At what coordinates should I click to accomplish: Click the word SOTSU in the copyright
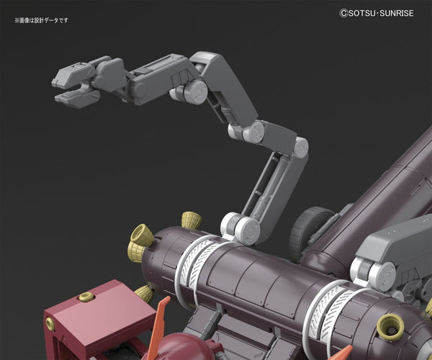click(x=361, y=13)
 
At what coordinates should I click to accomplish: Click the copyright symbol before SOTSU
click(x=343, y=13)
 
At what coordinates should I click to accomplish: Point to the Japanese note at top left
click(x=41, y=20)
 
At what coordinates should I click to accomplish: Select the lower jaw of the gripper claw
click(x=77, y=97)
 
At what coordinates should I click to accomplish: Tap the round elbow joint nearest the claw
click(x=196, y=91)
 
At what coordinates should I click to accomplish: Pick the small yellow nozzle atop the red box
click(x=87, y=297)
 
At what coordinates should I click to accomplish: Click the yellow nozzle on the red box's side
click(x=50, y=324)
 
